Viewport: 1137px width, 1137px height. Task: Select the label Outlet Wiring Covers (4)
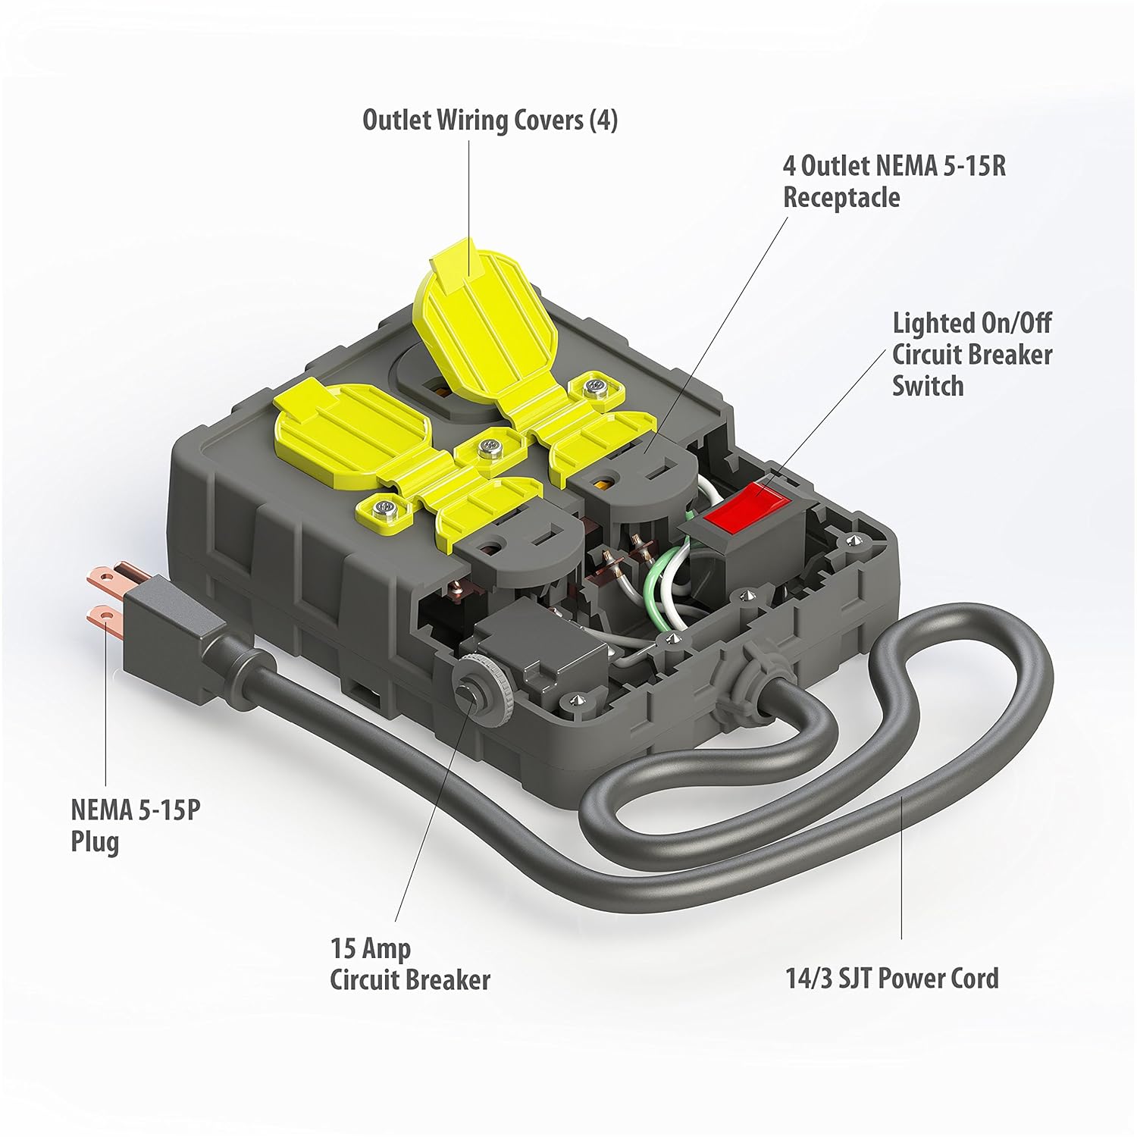(x=490, y=120)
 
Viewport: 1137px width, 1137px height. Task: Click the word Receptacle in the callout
(x=841, y=197)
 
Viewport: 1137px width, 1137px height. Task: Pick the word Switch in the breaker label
(x=928, y=386)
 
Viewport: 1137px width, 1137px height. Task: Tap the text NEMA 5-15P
(x=136, y=810)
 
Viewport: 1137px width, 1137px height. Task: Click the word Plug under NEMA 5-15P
(x=95, y=842)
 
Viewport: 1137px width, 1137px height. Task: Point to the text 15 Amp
(x=371, y=948)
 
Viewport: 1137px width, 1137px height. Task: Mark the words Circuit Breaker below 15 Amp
(x=410, y=980)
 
